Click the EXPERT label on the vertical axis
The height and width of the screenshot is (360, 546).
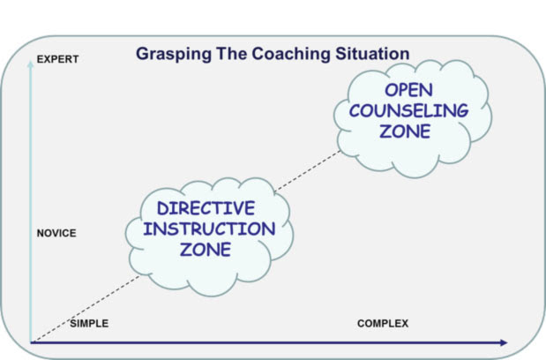coord(57,59)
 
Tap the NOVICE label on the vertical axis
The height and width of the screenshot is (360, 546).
coord(56,233)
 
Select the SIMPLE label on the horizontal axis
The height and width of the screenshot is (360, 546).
coord(89,324)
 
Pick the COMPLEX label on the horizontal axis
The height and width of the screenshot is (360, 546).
coord(383,324)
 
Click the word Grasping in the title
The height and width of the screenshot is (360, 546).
coord(174,54)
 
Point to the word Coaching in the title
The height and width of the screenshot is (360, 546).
coord(291,54)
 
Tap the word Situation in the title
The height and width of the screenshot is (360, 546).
coord(372,54)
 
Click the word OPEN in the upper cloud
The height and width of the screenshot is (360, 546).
coord(408,90)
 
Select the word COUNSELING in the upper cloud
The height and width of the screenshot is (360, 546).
coord(408,110)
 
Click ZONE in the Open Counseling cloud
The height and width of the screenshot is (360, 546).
coord(405,131)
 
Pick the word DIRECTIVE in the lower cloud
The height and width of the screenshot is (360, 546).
coord(206,208)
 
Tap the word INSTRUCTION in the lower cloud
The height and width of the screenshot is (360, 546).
coord(209,229)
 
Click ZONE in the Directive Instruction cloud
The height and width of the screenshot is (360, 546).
coord(206,250)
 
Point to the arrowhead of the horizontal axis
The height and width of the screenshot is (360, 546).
coord(504,342)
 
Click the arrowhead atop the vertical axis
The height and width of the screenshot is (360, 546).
coord(31,64)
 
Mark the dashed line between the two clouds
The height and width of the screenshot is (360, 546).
coord(307,171)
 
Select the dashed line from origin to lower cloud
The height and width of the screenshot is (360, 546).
coord(86,309)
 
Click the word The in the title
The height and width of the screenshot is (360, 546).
coord(232,54)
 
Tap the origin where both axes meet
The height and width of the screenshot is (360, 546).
coord(31,342)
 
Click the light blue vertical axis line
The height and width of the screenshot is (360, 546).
coord(31,202)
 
